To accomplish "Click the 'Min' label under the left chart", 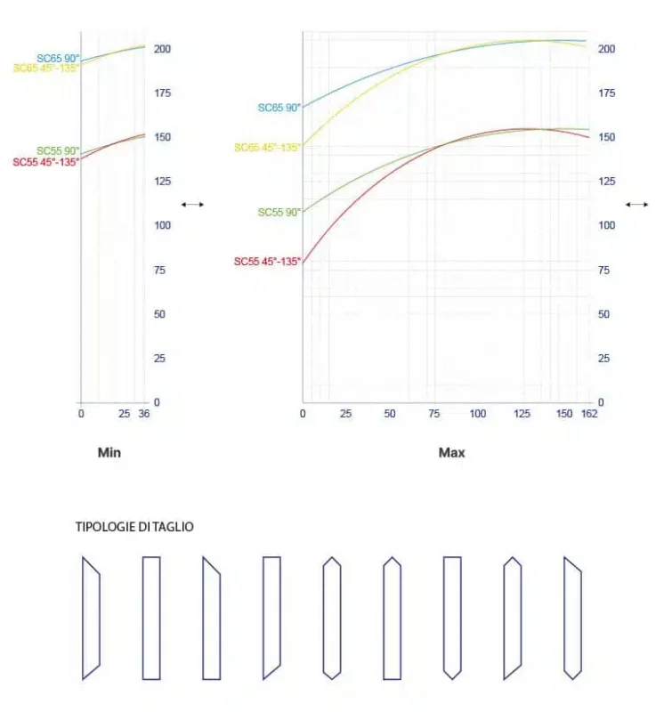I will pos(109,453).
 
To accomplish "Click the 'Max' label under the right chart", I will pos(452,453).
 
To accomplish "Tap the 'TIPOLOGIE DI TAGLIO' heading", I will pos(134,527).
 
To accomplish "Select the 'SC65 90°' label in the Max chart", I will pos(279,108).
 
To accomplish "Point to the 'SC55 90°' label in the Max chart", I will pos(279,213).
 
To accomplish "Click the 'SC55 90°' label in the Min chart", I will pos(58,151).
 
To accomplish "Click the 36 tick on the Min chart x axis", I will pos(144,414).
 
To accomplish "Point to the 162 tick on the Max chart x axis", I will pos(588,414).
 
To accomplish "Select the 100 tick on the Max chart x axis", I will pos(478,414).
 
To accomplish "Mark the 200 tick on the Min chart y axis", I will pos(161,48).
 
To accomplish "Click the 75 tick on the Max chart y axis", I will pos(606,270).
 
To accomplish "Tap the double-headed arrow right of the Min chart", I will pos(192,205).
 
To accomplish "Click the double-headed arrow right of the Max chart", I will pos(636,205).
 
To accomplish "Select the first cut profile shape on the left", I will pos(91,619).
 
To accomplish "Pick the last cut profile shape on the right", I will pos(572,619).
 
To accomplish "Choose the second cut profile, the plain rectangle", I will pos(151,619).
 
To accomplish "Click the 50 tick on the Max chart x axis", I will pos(390,414).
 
